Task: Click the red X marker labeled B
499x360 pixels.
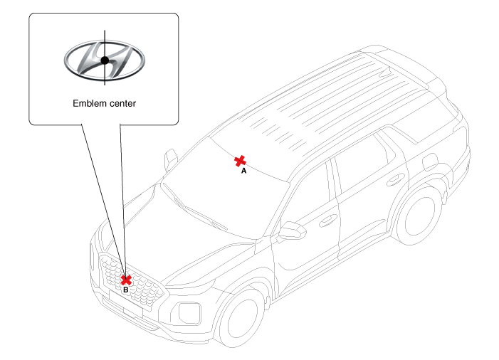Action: [126, 280]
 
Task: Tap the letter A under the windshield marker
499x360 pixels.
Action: [243, 171]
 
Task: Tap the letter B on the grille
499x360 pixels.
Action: [126, 290]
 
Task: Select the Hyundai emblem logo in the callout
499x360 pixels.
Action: [104, 60]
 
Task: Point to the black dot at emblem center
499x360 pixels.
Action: [105, 60]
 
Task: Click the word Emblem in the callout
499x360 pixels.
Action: [88, 103]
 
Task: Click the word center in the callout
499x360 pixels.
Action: [120, 103]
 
